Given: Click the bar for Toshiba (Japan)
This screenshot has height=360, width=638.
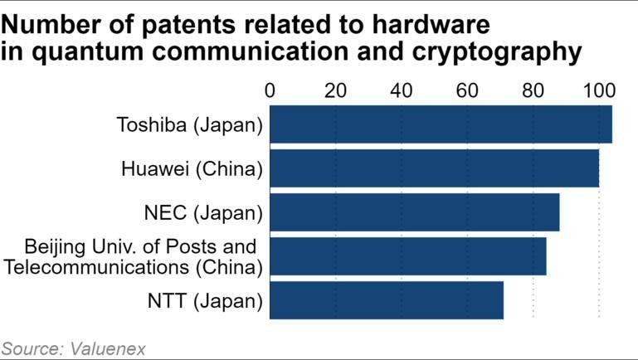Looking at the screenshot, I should tap(441, 124).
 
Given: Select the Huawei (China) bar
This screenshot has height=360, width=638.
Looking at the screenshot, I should tap(434, 168).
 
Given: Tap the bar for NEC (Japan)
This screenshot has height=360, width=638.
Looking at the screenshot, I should tap(414, 212).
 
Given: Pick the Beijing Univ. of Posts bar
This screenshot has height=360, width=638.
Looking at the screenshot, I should tap(407, 256).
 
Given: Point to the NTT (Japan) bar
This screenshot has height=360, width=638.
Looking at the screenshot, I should tap(386, 299).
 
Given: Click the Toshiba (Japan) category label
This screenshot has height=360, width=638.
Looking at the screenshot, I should tap(190, 125).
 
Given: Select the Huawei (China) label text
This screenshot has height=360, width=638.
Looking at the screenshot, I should tap(192, 169).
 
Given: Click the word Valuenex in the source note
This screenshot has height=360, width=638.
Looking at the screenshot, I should tap(99, 347).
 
